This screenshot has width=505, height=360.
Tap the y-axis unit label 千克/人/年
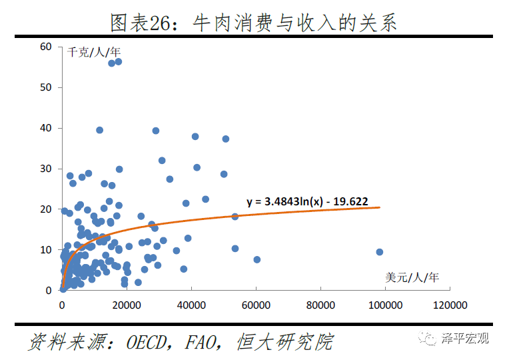point(94,51)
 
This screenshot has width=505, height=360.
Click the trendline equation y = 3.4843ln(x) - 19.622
point(307,200)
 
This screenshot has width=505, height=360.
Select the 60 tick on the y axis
point(45,47)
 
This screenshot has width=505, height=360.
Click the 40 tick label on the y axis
point(45,128)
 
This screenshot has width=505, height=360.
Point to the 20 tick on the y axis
point(45,209)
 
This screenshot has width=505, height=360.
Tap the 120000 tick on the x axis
point(450,305)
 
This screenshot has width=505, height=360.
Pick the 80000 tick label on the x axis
point(320,305)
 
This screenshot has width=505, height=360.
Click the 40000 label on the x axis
point(191,305)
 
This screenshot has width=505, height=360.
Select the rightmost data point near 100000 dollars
point(379,252)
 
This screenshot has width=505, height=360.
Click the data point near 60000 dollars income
point(256,259)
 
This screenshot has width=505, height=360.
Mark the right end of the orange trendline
point(379,207)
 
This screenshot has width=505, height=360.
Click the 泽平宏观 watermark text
point(465,339)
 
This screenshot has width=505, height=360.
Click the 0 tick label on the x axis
point(62,305)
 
